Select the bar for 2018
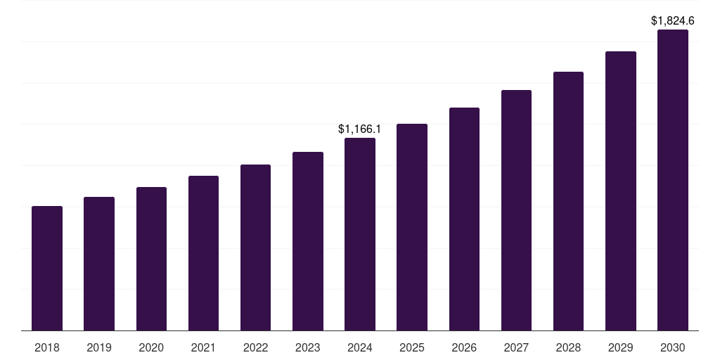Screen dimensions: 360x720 47,268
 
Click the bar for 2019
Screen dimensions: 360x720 99,264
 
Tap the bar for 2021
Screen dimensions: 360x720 203,253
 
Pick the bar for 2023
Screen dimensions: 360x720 308,241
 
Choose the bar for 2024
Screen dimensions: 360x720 360,234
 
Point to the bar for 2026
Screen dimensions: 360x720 464,219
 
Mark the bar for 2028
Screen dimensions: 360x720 568,201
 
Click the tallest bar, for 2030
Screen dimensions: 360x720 673,180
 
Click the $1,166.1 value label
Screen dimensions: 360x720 359,129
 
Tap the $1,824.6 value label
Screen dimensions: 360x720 673,21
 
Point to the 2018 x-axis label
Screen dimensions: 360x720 47,347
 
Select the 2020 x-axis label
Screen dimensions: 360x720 151,347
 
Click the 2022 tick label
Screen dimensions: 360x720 255,347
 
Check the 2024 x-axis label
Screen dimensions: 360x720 360,347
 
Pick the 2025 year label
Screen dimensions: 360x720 412,347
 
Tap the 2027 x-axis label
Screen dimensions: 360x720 516,347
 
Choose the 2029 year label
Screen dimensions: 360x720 621,347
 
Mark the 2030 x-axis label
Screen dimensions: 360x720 673,347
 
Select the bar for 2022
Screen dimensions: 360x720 255,247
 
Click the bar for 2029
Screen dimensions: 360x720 621,191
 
